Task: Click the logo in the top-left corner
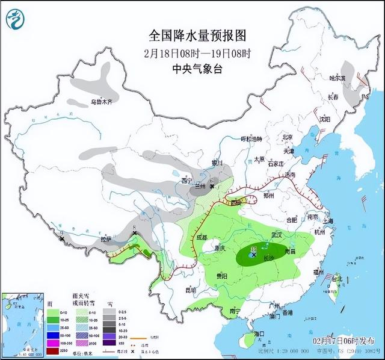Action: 15,18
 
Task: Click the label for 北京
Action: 287,137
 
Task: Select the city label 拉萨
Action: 106,239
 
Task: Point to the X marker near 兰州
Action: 212,187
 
